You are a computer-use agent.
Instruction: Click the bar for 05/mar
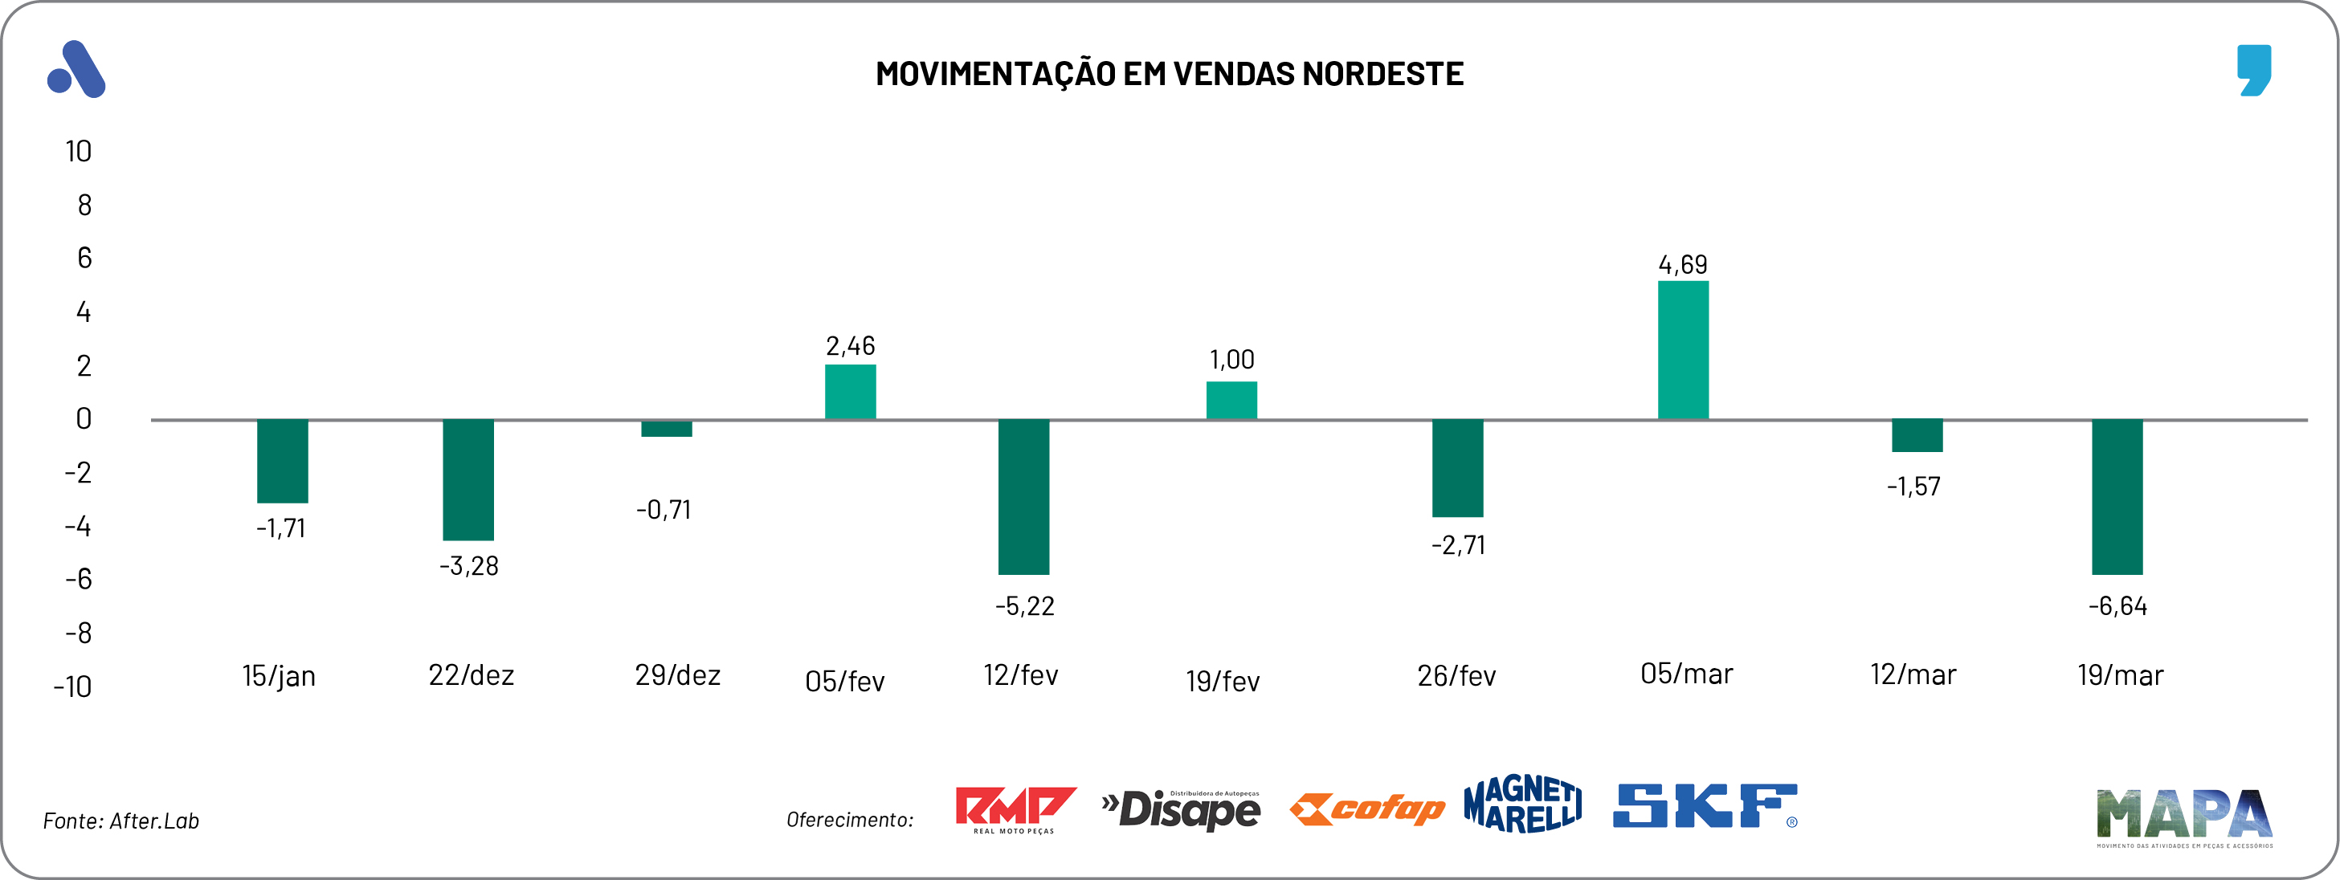[1682, 351]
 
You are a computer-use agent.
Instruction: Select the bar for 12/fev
[1023, 497]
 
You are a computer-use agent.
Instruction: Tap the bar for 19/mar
[2117, 497]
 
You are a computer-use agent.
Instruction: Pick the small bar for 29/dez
[666, 429]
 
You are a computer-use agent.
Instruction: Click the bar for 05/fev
[850, 391]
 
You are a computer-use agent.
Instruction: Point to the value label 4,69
[1682, 264]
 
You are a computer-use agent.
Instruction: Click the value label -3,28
[469, 566]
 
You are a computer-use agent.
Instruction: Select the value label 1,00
[1231, 360]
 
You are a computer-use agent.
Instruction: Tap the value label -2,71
[1458, 545]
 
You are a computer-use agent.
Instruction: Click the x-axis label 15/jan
[279, 676]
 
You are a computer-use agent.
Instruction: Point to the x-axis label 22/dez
[471, 674]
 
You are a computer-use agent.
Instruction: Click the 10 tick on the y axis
[78, 151]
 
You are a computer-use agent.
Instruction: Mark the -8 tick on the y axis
[78, 632]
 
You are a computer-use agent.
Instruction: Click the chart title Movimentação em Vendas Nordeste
[1169, 74]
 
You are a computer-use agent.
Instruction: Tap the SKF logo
[1704, 806]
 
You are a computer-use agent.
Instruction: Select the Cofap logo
[1367, 809]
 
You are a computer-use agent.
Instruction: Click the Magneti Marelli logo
[1522, 804]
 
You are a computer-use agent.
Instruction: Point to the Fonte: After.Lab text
[120, 821]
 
